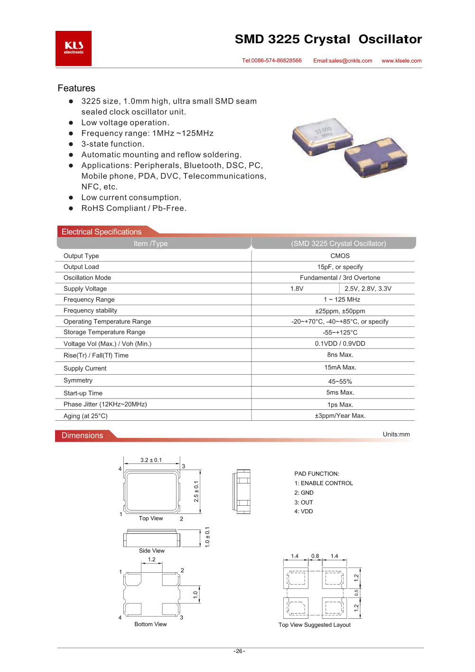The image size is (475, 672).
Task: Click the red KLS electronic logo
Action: (x=74, y=48)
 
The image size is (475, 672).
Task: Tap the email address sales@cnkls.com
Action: (x=343, y=61)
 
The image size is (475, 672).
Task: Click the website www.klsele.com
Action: (x=401, y=61)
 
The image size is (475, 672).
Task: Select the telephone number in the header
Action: (x=272, y=61)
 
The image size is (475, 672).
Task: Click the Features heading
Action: (x=76, y=88)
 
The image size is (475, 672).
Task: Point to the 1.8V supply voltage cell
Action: (x=297, y=289)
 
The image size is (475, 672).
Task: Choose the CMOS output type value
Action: (x=340, y=256)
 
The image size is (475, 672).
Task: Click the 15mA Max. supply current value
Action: (x=340, y=368)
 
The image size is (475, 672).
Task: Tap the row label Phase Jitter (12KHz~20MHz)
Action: (x=105, y=405)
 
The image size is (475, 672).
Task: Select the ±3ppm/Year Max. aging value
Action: (x=340, y=416)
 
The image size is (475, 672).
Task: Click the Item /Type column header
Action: (x=150, y=244)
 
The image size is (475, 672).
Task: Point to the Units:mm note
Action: (x=396, y=435)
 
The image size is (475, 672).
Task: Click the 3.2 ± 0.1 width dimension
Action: (x=151, y=460)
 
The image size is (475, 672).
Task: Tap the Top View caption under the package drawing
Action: (x=151, y=519)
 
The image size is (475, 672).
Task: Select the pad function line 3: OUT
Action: (x=304, y=502)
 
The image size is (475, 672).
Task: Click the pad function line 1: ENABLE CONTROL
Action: (x=324, y=483)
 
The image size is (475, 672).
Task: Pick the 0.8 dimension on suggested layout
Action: (x=315, y=556)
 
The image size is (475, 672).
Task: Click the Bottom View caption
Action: (x=150, y=625)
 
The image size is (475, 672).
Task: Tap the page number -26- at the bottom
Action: (x=239, y=651)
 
